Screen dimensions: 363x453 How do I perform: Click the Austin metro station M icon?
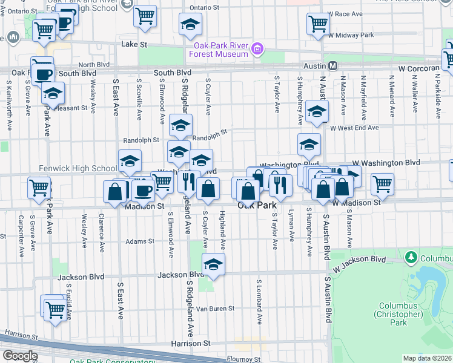(x=332, y=65)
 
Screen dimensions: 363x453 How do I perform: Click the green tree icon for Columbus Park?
(x=411, y=258)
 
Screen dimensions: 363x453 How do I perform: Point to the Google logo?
(x=20, y=355)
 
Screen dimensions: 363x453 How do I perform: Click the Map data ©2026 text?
(x=427, y=358)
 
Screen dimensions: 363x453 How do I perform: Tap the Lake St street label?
(x=134, y=45)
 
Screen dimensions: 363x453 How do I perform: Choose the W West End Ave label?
(x=354, y=128)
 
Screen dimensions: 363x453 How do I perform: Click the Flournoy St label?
(x=243, y=359)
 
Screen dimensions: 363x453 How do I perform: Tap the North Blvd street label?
(x=94, y=64)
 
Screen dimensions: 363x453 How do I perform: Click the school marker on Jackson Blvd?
(x=213, y=264)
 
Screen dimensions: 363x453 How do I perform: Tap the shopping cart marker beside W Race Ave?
(x=317, y=24)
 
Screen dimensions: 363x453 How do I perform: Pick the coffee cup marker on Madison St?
(x=143, y=190)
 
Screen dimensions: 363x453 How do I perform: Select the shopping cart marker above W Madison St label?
(x=382, y=184)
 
